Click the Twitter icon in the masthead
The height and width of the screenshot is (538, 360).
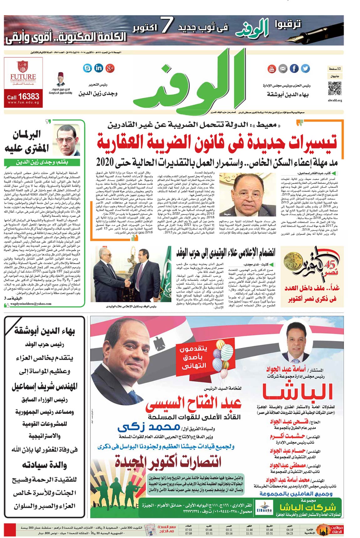(x=305, y=68)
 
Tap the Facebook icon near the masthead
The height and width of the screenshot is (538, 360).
(x=294, y=68)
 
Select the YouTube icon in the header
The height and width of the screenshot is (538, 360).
(x=271, y=69)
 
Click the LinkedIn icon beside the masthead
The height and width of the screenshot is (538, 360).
(x=99, y=68)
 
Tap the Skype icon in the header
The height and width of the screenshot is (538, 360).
(x=87, y=68)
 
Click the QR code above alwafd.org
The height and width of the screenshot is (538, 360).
(x=335, y=88)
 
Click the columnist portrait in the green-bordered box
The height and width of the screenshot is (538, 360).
(x=66, y=140)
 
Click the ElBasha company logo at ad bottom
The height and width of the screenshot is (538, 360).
(x=264, y=507)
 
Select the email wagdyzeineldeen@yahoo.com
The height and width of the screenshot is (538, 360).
(x=31, y=304)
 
